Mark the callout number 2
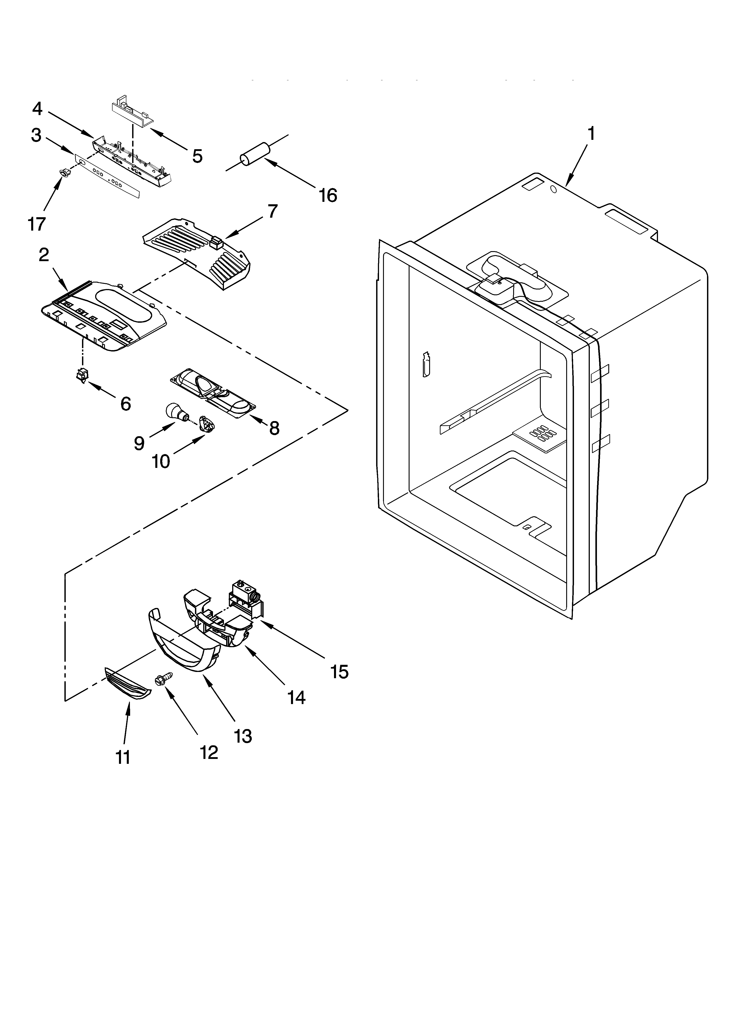click(x=44, y=255)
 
